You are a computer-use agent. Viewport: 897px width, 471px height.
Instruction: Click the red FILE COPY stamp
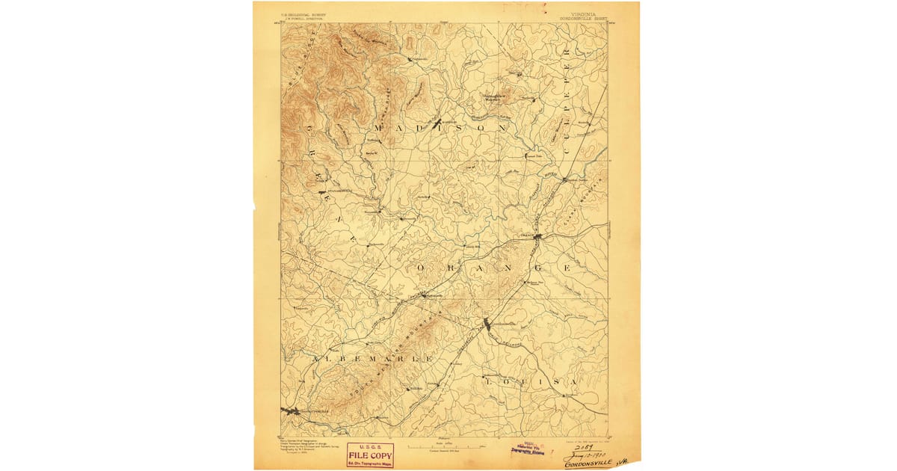[x=370, y=455]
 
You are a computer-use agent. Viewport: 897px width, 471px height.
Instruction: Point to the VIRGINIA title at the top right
[x=587, y=13]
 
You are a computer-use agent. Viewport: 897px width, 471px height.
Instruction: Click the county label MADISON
[x=440, y=129]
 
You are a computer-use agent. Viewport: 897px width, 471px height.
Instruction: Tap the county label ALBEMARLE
[x=373, y=360]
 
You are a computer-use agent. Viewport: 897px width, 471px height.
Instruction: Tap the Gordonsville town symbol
[x=487, y=324]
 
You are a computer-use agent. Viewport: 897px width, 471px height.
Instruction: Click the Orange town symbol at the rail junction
[x=537, y=237]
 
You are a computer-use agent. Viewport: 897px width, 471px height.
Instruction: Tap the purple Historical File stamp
[x=527, y=449]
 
